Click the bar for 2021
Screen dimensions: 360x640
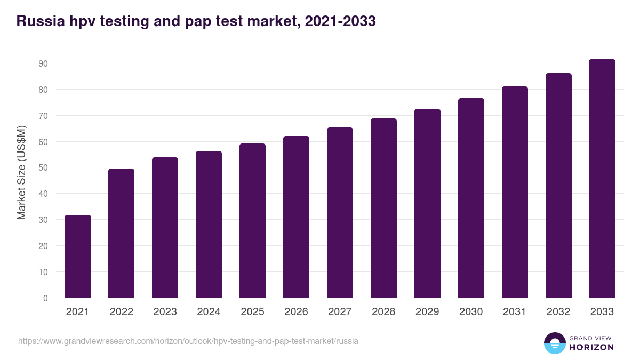click(78, 257)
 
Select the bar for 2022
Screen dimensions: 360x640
click(122, 233)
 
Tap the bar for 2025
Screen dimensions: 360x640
click(253, 221)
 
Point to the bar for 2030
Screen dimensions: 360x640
click(471, 198)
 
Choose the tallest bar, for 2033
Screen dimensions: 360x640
click(602, 179)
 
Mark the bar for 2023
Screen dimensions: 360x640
click(165, 228)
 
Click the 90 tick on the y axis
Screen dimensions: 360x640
click(43, 63)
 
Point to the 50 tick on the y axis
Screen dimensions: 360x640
click(43, 167)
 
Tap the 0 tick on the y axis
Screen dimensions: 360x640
click(45, 298)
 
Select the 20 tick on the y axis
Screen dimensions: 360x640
click(43, 246)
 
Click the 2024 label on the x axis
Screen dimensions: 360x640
click(209, 312)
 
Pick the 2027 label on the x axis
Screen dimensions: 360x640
click(340, 312)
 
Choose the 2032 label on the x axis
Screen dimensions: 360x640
click(558, 312)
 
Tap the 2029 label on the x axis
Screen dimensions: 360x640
click(428, 312)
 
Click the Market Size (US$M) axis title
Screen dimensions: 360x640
click(21, 173)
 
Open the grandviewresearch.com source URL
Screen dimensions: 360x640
click(188, 341)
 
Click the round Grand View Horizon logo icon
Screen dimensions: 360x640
click(555, 343)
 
